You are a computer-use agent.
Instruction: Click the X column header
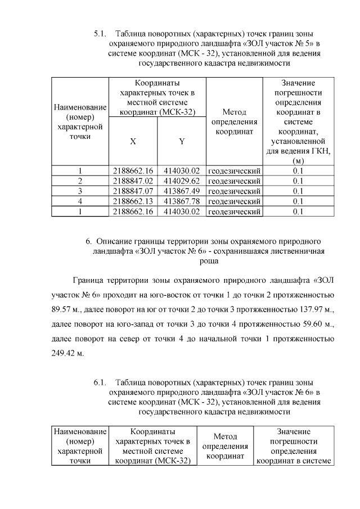(x=133, y=141)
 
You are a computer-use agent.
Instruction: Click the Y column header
(x=182, y=141)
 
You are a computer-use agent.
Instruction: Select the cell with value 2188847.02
(x=133, y=181)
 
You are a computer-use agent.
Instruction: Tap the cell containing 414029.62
(x=182, y=181)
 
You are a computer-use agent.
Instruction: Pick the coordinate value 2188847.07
(x=133, y=191)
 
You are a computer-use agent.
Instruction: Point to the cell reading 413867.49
(x=182, y=191)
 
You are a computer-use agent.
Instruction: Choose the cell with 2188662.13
(x=133, y=201)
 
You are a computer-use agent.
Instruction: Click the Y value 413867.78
(x=182, y=201)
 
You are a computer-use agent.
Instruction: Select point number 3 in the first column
(x=80, y=191)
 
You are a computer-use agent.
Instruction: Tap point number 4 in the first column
(x=80, y=201)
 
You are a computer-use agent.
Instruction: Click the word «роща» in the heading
(x=209, y=261)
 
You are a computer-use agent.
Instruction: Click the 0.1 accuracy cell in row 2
(x=298, y=181)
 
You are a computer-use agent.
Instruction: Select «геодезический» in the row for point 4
(x=234, y=201)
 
